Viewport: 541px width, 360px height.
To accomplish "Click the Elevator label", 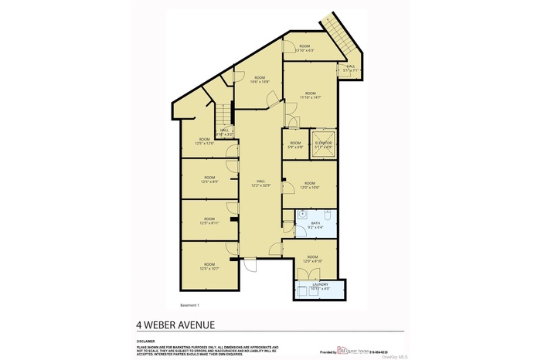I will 323,144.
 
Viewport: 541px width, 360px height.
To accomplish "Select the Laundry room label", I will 320,287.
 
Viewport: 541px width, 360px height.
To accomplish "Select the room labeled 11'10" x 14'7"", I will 310,95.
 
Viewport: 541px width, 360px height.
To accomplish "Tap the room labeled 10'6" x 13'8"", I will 257,80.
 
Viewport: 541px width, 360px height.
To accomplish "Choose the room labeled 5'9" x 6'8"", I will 295,144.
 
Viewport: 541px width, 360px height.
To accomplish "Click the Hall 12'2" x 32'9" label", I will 260,183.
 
